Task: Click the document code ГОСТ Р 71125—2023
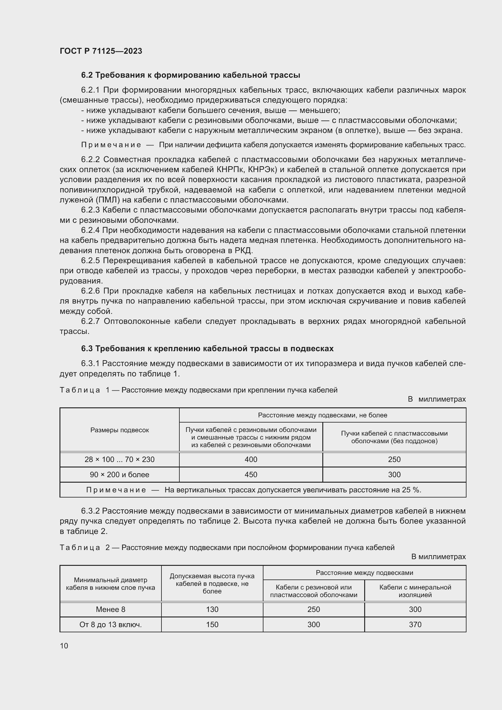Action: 101,51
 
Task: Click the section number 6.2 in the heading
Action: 87,75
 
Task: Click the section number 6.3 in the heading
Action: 87,348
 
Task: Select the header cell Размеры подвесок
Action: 120,430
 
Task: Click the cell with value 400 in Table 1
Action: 251,459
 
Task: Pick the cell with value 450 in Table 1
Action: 251,474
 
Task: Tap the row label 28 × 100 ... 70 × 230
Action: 120,459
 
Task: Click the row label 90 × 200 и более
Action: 120,474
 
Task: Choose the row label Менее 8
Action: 110,609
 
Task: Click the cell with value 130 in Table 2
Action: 212,609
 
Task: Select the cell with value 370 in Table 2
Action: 415,624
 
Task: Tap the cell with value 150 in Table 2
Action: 212,624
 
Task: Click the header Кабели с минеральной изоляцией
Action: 415,591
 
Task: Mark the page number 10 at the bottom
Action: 64,646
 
